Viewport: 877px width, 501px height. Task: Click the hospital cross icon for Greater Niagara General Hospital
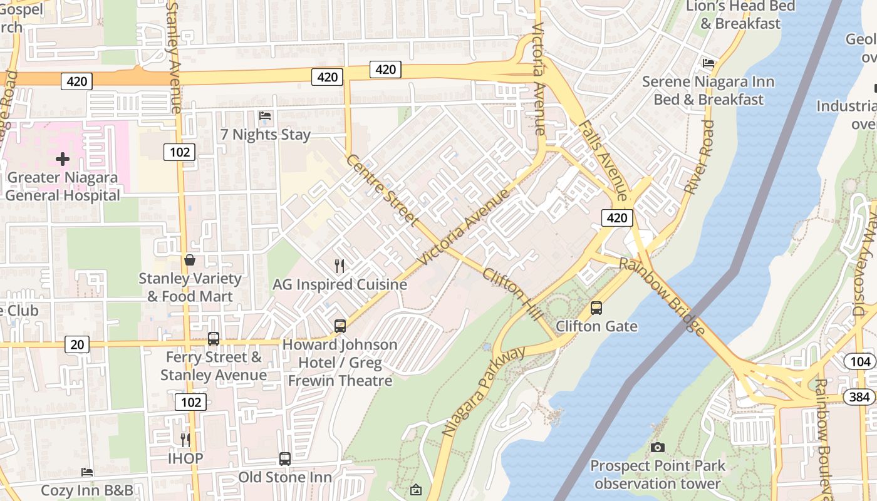(x=63, y=158)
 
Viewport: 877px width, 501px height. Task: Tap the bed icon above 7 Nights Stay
(x=265, y=116)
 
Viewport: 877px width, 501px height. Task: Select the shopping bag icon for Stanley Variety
(x=189, y=259)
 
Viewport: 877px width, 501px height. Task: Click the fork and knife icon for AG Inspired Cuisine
(x=340, y=266)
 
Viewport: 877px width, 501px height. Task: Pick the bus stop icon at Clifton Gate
(x=596, y=308)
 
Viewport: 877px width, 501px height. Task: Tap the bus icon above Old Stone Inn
(x=285, y=458)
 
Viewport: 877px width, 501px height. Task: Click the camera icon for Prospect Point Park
(x=657, y=447)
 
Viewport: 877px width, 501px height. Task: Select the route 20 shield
(x=76, y=344)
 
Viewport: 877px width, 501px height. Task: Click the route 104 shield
(x=860, y=361)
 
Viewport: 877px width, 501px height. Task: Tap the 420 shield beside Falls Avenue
(x=617, y=218)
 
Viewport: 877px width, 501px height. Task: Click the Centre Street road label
(x=381, y=190)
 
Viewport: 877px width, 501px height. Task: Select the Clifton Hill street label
(x=513, y=294)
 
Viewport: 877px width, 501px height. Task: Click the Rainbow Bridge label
(x=663, y=296)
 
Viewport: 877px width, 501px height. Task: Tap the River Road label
(x=699, y=157)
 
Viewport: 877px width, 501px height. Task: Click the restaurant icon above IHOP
(x=185, y=440)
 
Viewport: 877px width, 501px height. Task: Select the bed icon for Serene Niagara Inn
(x=708, y=63)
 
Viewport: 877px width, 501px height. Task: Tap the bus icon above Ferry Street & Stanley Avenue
(x=214, y=339)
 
